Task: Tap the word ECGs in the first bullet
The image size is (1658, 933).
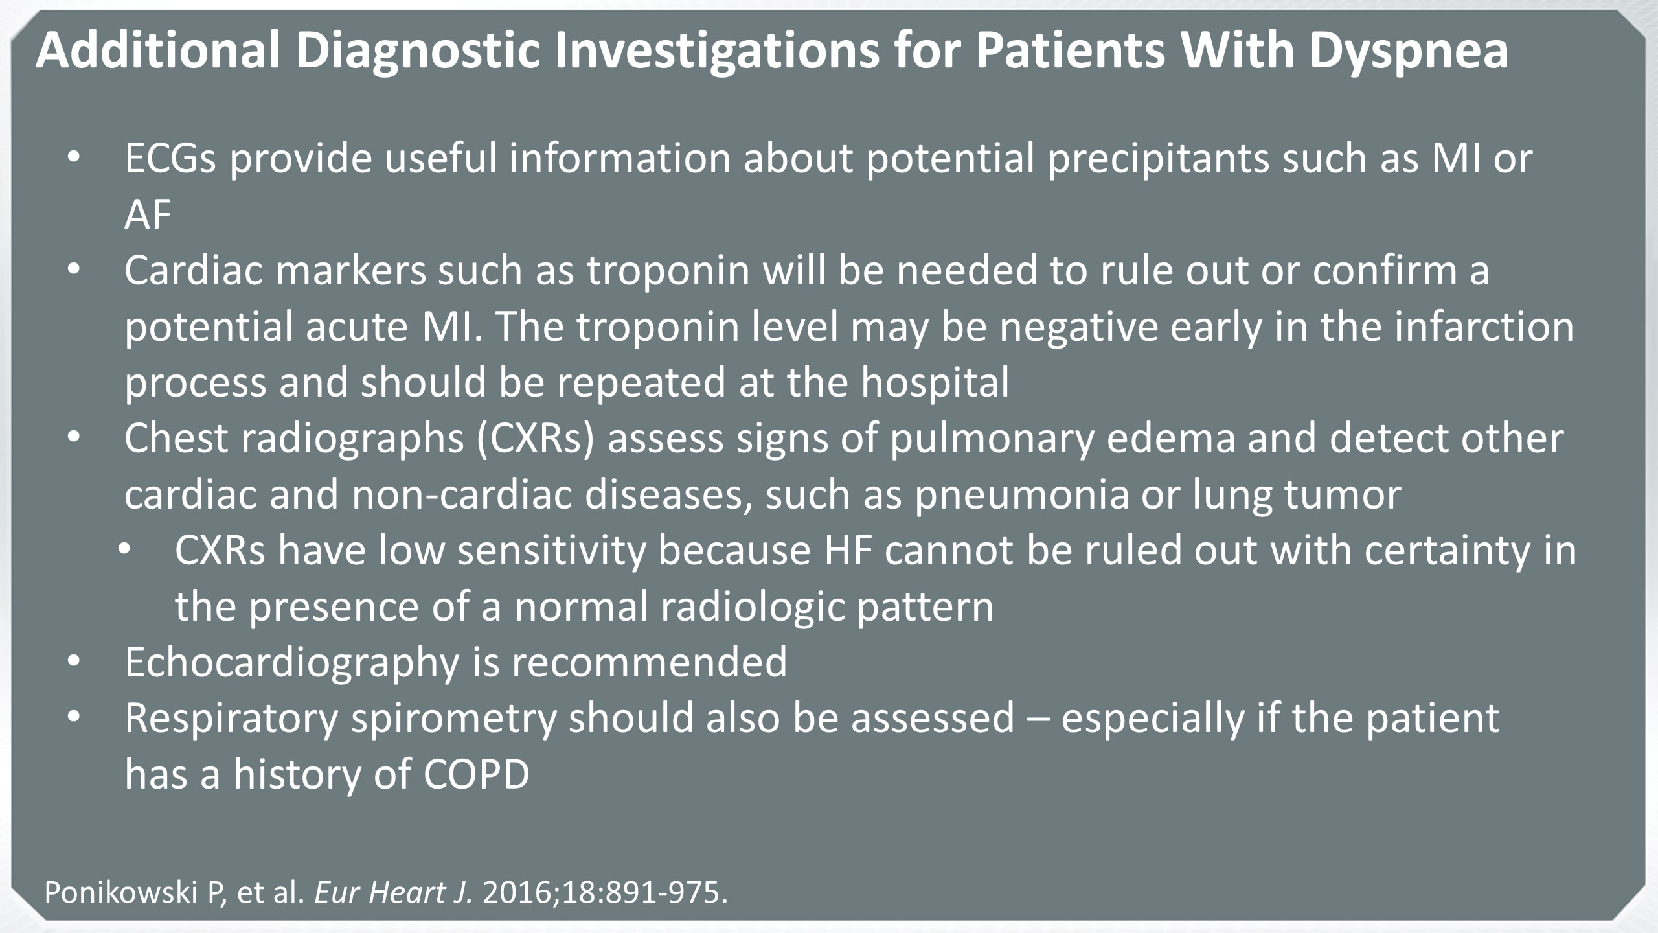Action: coord(170,159)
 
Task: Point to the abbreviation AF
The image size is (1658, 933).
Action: coord(148,214)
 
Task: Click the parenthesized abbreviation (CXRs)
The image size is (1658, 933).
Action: coord(536,439)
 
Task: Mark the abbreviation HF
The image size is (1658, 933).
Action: coord(848,551)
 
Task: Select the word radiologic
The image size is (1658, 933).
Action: coord(739,608)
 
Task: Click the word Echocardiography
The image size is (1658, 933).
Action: coord(292,663)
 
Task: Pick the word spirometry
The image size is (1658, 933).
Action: coord(454,720)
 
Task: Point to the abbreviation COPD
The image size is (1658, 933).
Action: coord(477,774)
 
